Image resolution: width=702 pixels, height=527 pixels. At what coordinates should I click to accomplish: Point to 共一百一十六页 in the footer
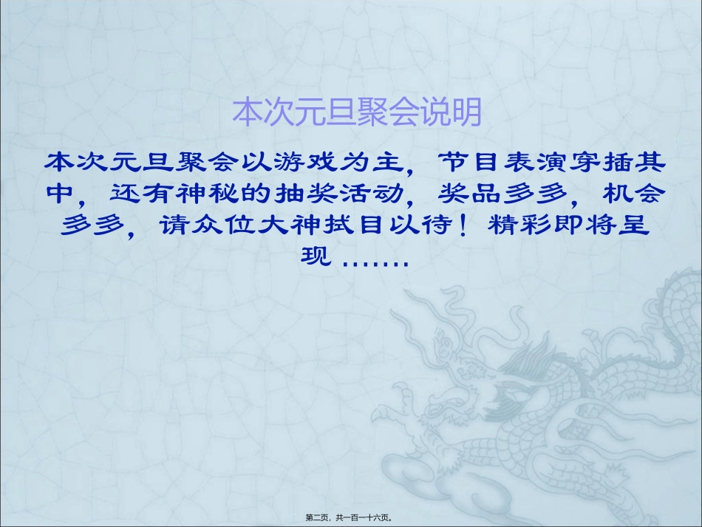(x=364, y=518)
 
